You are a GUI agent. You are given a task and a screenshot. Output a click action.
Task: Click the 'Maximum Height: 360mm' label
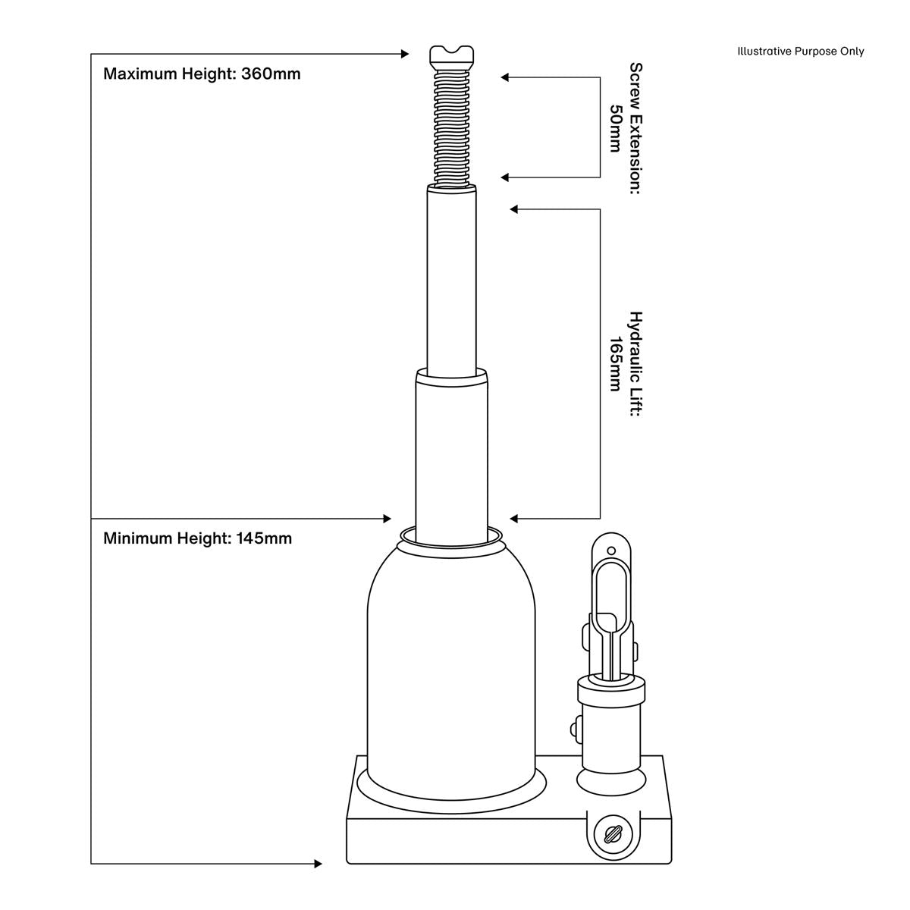[x=202, y=74]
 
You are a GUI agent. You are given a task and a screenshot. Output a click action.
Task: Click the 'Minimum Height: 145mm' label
[x=197, y=538]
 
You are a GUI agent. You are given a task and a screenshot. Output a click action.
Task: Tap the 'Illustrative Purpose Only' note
[x=800, y=52]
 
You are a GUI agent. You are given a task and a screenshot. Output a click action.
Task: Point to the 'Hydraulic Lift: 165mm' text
[x=626, y=364]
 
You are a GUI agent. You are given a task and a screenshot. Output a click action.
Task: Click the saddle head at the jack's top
[x=453, y=55]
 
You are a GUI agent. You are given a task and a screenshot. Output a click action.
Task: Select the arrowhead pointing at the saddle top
[x=405, y=54]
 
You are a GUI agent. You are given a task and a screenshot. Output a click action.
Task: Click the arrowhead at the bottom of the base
[x=318, y=864]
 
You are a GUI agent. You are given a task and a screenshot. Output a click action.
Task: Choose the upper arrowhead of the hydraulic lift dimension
[x=514, y=209]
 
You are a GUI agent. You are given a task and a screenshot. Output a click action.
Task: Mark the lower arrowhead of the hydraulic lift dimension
[x=514, y=519]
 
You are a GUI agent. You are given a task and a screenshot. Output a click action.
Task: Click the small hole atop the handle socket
[x=611, y=548]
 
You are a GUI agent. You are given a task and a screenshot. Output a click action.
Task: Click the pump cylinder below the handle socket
[x=611, y=724]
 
